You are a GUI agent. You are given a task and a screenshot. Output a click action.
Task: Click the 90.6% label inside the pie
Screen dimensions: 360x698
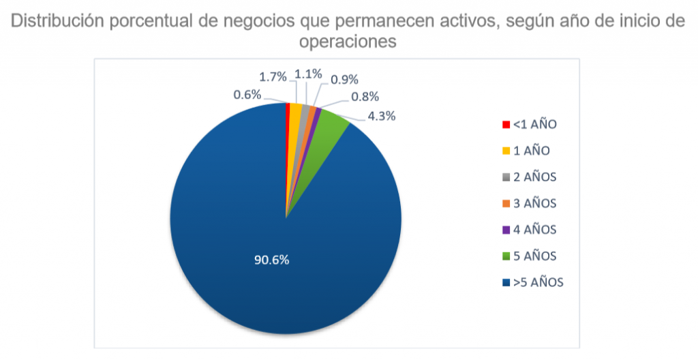[271, 260]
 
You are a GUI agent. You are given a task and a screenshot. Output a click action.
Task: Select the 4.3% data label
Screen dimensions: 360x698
[381, 115]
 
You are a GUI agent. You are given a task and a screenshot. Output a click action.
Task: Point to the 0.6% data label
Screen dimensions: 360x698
[247, 95]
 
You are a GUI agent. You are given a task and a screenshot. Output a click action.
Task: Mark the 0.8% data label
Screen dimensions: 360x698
[365, 97]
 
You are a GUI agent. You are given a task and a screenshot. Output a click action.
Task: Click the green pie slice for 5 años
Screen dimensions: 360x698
[331, 122]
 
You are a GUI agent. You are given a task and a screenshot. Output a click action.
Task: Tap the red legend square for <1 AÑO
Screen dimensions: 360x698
[505, 125]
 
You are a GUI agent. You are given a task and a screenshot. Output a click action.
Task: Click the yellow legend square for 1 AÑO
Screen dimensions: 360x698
[505, 151]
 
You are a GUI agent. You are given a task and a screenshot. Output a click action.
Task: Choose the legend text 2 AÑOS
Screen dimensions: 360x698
[536, 177]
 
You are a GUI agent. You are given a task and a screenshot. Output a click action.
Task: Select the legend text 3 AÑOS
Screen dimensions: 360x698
[536, 203]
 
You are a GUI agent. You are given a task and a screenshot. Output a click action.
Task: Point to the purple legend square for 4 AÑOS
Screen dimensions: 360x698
[505, 230]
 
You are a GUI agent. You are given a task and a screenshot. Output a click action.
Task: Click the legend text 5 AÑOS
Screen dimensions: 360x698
[536, 256]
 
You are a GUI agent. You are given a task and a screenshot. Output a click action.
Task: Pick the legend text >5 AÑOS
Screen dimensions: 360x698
[538, 282]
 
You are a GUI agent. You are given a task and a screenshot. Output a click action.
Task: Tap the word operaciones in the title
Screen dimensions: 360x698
[348, 41]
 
